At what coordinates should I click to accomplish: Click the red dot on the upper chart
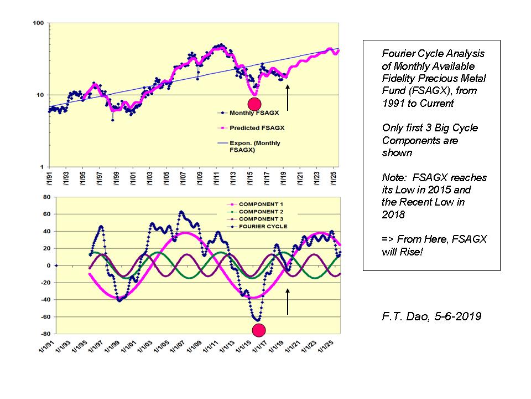pos(254,104)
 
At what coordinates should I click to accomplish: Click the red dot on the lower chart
pos(258,331)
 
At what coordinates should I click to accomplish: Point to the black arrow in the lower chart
pos(288,301)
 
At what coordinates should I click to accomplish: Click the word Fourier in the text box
pos(398,54)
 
